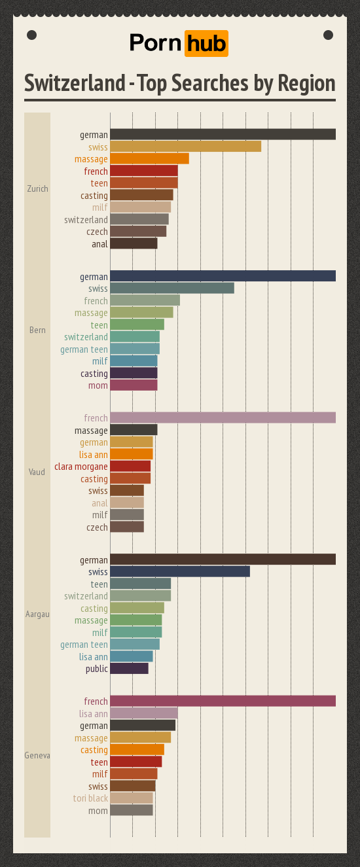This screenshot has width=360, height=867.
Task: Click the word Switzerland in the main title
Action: click(x=75, y=84)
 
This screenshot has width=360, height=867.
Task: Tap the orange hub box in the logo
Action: click(x=206, y=44)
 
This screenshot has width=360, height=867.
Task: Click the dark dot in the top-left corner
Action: click(x=31, y=35)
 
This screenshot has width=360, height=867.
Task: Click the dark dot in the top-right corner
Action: click(x=329, y=35)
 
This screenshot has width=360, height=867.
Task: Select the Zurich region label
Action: click(x=37, y=189)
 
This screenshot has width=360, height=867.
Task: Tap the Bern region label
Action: click(x=37, y=330)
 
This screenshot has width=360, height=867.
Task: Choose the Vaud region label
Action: click(x=37, y=472)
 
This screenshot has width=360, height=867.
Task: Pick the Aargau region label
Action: click(x=37, y=614)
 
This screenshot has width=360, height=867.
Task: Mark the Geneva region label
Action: click(x=37, y=756)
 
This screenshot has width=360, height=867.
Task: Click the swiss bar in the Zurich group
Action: click(x=185, y=147)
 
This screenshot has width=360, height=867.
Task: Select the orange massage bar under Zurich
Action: click(x=149, y=158)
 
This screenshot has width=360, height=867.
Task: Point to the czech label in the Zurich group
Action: click(x=97, y=232)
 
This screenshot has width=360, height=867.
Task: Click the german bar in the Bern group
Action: click(x=223, y=276)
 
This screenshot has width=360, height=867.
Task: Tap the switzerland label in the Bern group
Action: click(x=86, y=337)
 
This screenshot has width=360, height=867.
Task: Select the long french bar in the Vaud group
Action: click(x=223, y=417)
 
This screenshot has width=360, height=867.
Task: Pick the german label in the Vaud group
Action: click(x=94, y=442)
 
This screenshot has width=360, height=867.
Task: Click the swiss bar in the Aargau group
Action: click(x=180, y=572)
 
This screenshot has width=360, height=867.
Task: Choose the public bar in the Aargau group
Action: click(x=129, y=669)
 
